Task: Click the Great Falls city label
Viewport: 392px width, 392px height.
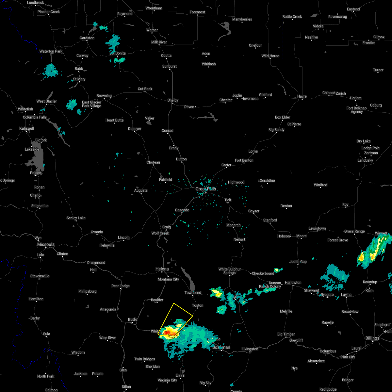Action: (x=206, y=189)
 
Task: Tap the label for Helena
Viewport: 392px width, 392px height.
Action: (x=162, y=269)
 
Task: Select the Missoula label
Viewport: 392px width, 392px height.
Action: (x=46, y=244)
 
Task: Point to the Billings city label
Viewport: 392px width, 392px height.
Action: (x=372, y=338)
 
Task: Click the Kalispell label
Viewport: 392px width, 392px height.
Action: (x=26, y=129)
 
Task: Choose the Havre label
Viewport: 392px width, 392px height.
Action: (x=302, y=96)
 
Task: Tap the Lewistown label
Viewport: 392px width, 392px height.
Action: (x=317, y=228)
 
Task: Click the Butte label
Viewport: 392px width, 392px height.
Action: (x=133, y=319)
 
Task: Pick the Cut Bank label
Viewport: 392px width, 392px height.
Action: (x=145, y=89)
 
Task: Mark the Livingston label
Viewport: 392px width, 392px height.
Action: (x=250, y=349)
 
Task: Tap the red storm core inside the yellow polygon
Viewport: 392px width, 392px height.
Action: (x=167, y=333)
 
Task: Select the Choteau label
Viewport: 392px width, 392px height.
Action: (x=153, y=162)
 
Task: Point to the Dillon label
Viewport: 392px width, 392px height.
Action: (x=126, y=387)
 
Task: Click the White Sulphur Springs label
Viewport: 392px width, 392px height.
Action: (x=230, y=271)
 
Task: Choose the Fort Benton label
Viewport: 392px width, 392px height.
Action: (x=244, y=160)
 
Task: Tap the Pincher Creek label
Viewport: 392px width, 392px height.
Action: (x=49, y=12)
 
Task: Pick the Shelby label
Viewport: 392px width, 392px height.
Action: (x=173, y=100)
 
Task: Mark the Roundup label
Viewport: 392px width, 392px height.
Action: (x=370, y=282)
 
